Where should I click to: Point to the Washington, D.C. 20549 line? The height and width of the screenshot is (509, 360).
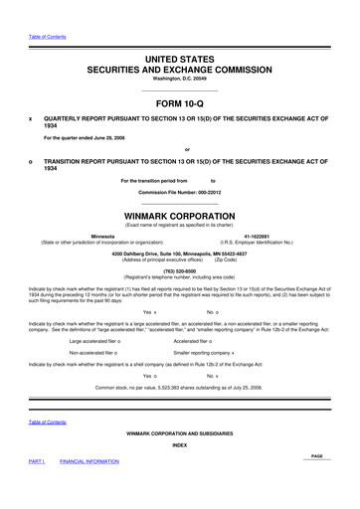click(x=180, y=78)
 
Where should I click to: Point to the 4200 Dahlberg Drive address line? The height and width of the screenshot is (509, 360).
click(x=180, y=253)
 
